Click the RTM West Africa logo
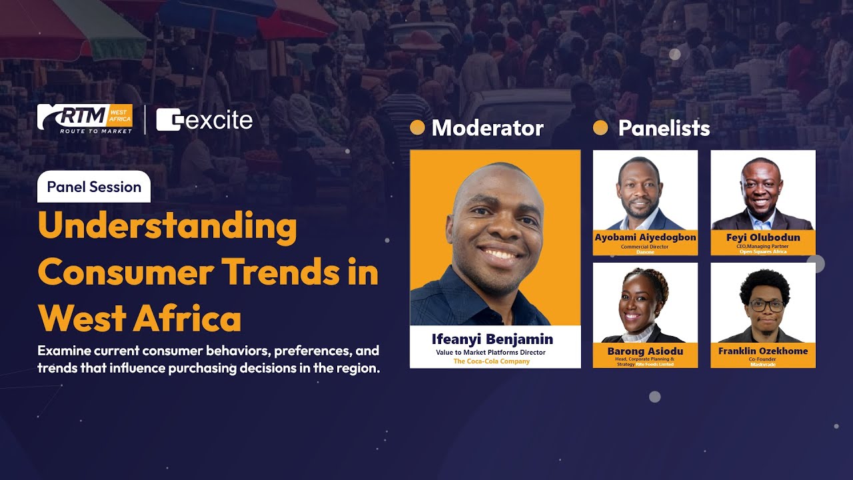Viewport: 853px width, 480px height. (85, 119)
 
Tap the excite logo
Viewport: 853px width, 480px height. (205, 121)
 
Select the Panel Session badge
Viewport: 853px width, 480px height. (94, 187)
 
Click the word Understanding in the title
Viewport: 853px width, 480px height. (168, 227)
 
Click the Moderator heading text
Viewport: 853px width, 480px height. (487, 128)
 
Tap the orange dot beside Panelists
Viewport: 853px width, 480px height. (600, 127)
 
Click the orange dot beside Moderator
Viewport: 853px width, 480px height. (417, 127)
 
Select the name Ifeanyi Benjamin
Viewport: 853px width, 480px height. (492, 339)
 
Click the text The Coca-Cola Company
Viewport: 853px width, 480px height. (492, 361)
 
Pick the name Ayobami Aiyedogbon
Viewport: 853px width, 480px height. (645, 237)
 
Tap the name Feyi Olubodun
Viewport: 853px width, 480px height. (763, 237)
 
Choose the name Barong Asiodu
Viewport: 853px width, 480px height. (645, 351)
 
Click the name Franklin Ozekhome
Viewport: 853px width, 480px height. (763, 351)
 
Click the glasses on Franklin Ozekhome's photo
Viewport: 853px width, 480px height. (766, 306)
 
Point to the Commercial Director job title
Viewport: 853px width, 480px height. (644, 247)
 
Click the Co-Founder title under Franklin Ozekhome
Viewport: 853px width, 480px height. (763, 359)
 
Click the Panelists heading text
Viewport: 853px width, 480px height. (664, 128)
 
